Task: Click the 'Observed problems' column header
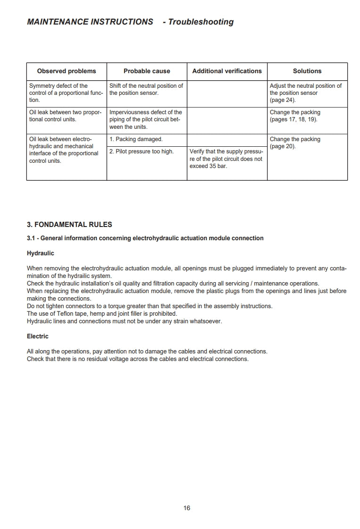[x=67, y=71]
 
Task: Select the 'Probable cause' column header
[x=147, y=71]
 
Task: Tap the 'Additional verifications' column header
[x=227, y=71]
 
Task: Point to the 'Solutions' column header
[x=307, y=71]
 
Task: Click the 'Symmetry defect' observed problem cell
[x=66, y=93]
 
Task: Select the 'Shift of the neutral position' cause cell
[x=146, y=89]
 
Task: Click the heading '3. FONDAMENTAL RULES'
[x=69, y=225]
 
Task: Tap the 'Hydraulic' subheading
[x=41, y=253]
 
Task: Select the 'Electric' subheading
[x=38, y=336]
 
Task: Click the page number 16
[x=187, y=508]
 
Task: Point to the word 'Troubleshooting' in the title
[x=201, y=22]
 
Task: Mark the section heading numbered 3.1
[x=145, y=238]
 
